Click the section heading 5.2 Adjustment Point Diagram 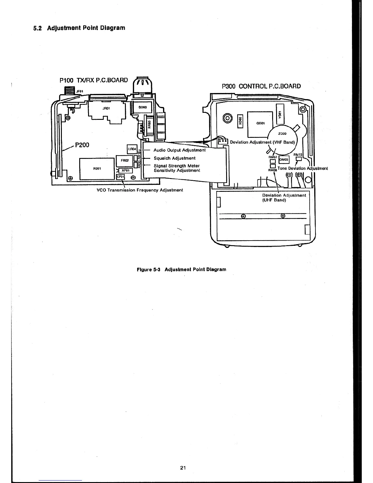pyautogui.click(x=79, y=28)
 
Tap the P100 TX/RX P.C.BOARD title pyautogui.click(x=94, y=80)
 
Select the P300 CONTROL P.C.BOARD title pyautogui.click(x=261, y=86)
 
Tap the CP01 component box pyautogui.click(x=120, y=177)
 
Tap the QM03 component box pyautogui.click(x=283, y=159)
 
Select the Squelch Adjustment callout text pyautogui.click(x=174, y=158)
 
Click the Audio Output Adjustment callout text pyautogui.click(x=179, y=150)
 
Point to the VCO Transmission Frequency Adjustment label pyautogui.click(x=140, y=190)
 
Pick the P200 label pyautogui.click(x=82, y=145)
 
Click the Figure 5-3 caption pyautogui.click(x=181, y=270)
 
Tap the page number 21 pyautogui.click(x=183, y=468)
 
